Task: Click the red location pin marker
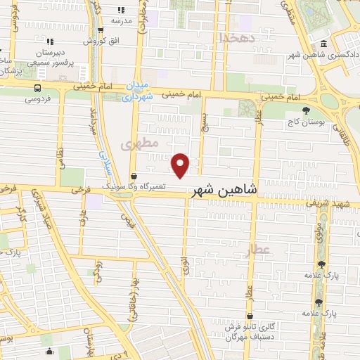click(181, 165)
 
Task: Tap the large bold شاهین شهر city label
click(223, 191)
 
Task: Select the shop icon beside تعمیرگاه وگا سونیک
click(134, 176)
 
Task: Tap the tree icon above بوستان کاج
click(305, 110)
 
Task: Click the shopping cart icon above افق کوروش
click(102, 30)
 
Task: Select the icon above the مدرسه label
click(121, 10)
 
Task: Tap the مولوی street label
click(320, 236)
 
